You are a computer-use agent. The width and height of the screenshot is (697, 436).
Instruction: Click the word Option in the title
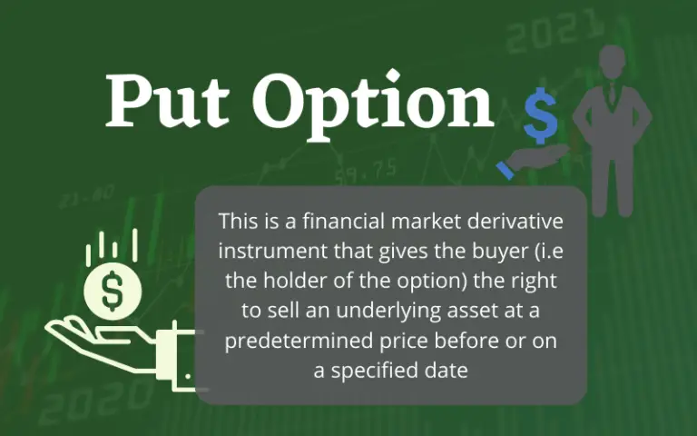point(373,102)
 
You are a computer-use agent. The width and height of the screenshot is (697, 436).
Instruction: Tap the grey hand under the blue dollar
point(530,161)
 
